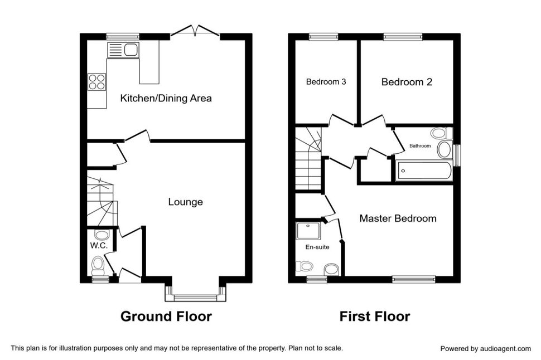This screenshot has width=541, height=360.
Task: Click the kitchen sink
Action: tap(123, 50)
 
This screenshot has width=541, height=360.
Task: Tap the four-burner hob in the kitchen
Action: tap(96, 82)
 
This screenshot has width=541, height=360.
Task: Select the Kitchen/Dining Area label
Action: tap(166, 98)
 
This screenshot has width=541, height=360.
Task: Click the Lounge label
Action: tap(185, 202)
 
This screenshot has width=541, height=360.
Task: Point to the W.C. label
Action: tap(99, 246)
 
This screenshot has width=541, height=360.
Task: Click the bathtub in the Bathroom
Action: tap(424, 171)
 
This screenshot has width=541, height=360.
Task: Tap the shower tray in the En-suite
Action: tap(308, 231)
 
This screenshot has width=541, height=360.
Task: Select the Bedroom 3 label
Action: tap(326, 82)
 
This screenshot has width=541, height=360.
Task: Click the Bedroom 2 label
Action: tap(407, 82)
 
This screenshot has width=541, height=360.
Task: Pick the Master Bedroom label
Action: tap(398, 218)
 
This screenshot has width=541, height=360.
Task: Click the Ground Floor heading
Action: tap(166, 316)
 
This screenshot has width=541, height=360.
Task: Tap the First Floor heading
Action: tap(375, 316)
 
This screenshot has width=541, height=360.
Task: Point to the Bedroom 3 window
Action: tap(323, 37)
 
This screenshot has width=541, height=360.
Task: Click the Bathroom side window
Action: tap(457, 155)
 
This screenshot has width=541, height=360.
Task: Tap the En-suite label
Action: tap(317, 247)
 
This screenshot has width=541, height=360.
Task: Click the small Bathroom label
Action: tap(420, 146)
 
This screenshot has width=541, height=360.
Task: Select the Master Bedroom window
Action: tap(414, 279)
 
